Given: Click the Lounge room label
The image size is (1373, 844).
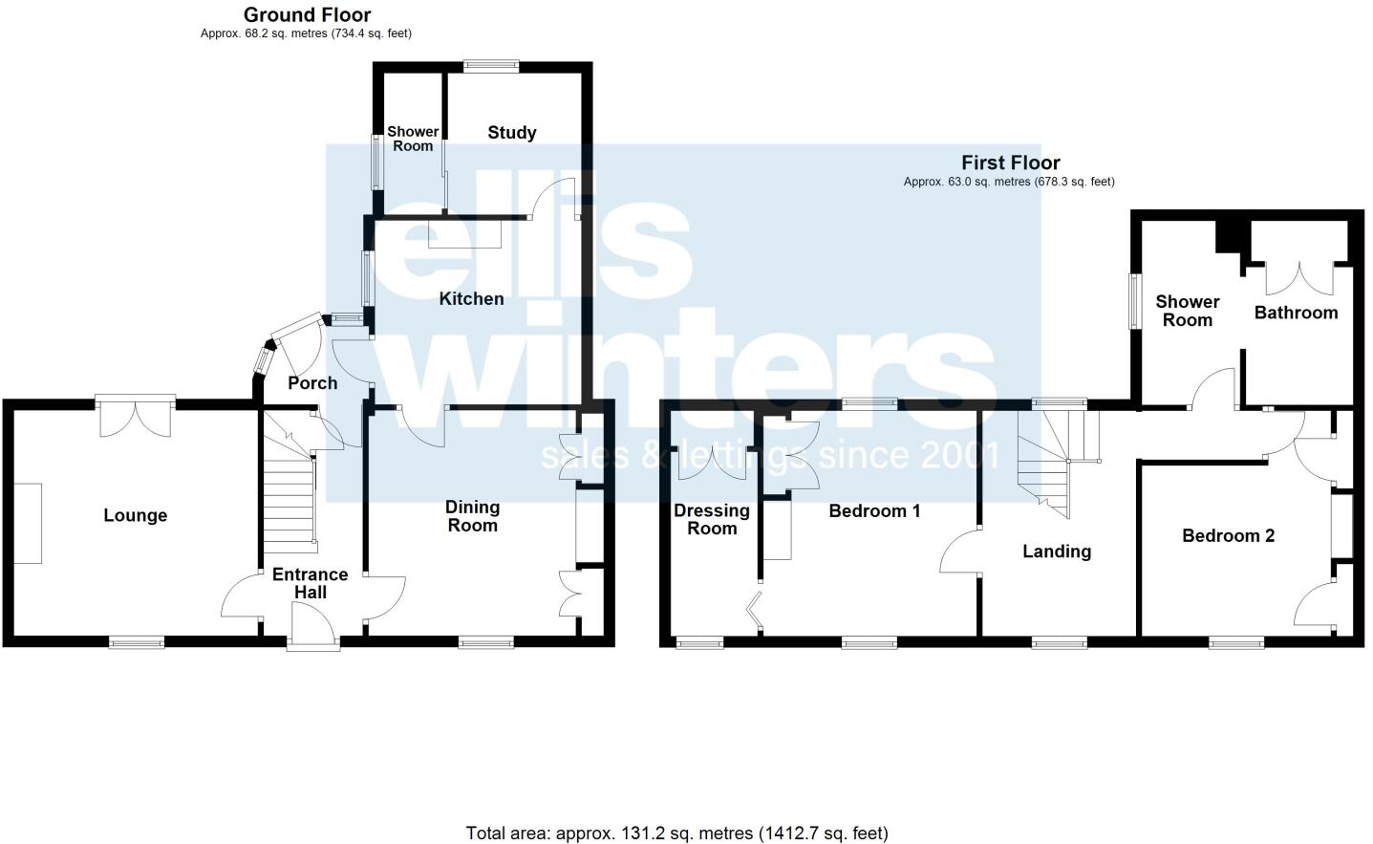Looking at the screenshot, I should (135, 516).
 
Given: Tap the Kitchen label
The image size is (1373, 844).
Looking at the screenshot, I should (471, 299).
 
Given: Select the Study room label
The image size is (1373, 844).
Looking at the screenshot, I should (511, 133).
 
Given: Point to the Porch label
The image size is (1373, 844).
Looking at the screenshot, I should (312, 383).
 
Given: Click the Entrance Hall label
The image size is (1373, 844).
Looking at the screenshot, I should (310, 583).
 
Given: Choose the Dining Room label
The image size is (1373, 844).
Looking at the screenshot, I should (472, 516).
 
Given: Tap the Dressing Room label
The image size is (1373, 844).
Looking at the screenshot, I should (712, 519).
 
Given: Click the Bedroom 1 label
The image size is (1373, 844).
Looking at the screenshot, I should (874, 511).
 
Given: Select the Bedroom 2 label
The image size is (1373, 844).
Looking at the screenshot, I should (1228, 536).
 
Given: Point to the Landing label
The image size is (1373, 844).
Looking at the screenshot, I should (1056, 552).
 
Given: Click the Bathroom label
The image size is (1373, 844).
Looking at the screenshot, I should (1296, 313).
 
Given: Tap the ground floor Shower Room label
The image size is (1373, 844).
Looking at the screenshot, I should (413, 139).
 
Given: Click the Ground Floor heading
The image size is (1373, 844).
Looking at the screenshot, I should (307, 14).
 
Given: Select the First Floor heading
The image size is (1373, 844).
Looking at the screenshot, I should (1010, 162).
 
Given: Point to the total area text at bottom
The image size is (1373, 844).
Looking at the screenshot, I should (676, 833).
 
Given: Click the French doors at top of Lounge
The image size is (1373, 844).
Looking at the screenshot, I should (135, 416).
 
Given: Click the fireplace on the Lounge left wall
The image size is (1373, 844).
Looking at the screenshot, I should (28, 523).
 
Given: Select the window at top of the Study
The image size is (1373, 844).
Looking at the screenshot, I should (491, 66).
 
